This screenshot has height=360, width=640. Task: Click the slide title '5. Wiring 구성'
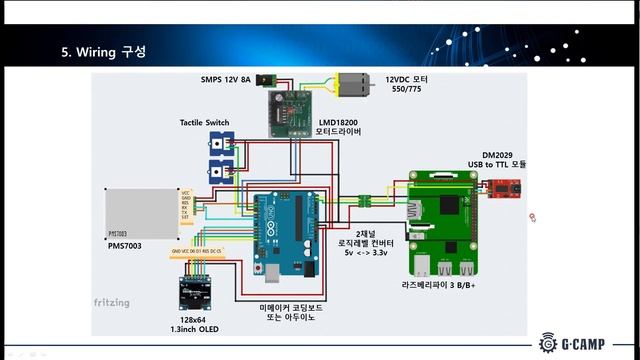pyautogui.click(x=104, y=52)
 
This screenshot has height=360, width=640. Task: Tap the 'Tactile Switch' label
pyautogui.click(x=204, y=122)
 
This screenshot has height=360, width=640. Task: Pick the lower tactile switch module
pyautogui.click(x=218, y=170)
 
